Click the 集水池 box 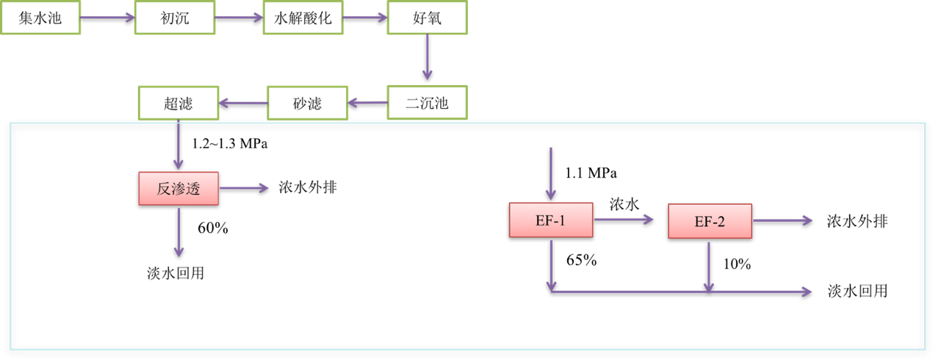click(x=40, y=18)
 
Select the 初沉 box click(x=175, y=18)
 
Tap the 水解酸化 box click(x=303, y=18)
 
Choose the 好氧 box click(x=427, y=18)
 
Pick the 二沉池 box click(x=427, y=103)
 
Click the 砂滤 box click(x=307, y=103)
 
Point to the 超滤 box click(x=179, y=103)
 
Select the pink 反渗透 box click(x=179, y=188)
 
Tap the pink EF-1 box click(x=551, y=220)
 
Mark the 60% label click(x=213, y=228)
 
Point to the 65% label click(x=581, y=260)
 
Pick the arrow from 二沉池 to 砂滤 click(x=367, y=103)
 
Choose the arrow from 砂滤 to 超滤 click(x=243, y=103)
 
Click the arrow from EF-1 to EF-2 click(x=623, y=219)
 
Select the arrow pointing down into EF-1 click(x=551, y=173)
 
